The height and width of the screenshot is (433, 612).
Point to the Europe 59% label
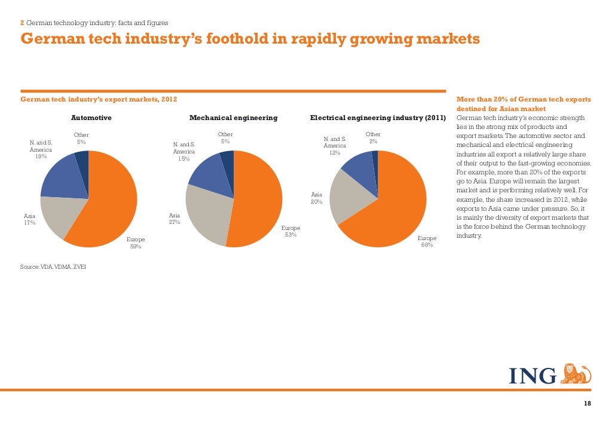(x=136, y=243)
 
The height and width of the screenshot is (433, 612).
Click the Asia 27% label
(x=175, y=219)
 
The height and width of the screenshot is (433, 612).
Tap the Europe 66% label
(x=427, y=241)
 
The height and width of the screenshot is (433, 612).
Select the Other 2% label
(x=373, y=138)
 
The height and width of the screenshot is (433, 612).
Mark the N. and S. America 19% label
(x=41, y=149)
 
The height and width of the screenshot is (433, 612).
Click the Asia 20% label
(x=317, y=198)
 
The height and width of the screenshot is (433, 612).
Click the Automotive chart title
(x=91, y=118)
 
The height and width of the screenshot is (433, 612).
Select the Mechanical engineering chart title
(x=233, y=118)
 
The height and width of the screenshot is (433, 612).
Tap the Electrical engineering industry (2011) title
(x=378, y=118)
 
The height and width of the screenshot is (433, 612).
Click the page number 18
(x=587, y=404)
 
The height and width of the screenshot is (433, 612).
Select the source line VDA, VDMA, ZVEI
(x=53, y=266)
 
